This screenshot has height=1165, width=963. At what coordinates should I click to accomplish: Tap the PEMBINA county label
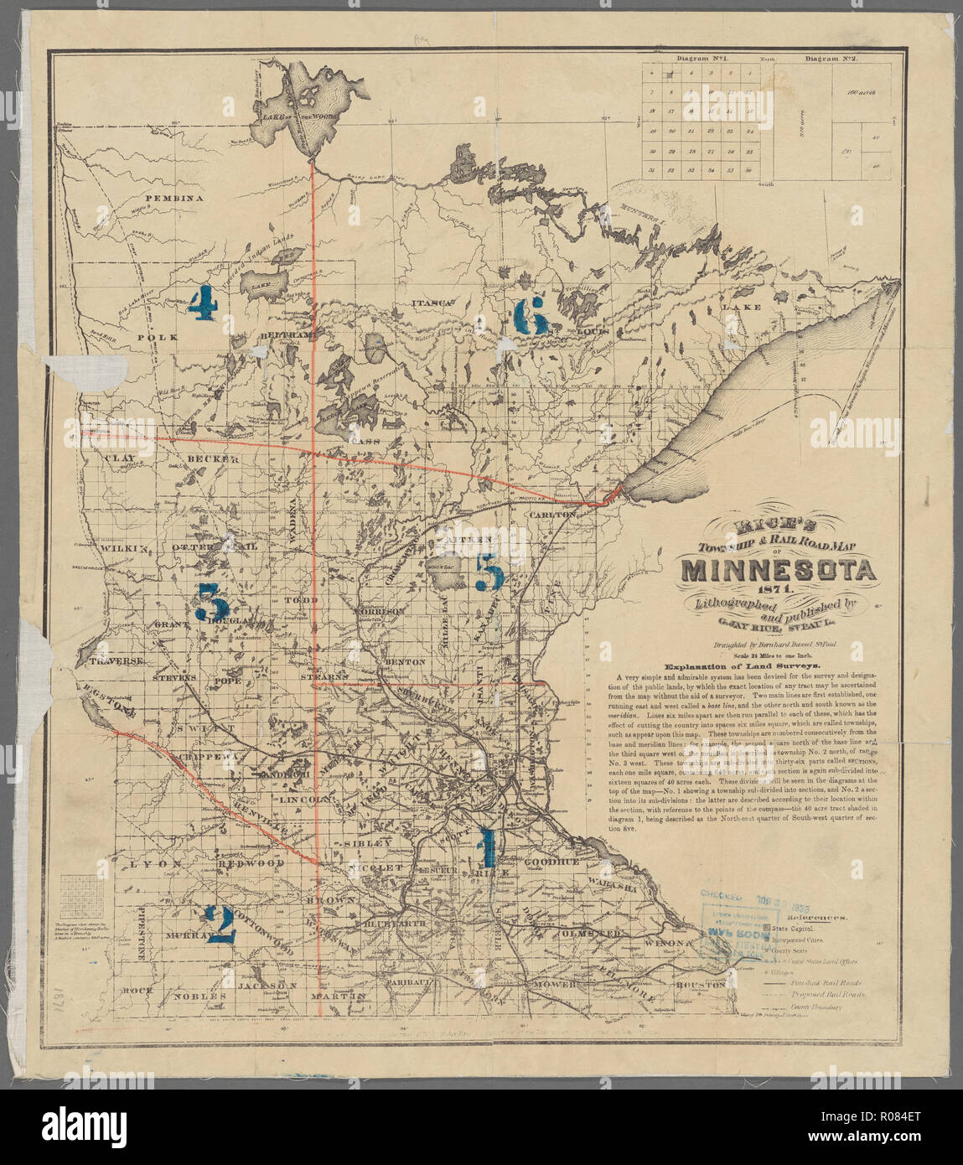click(x=176, y=199)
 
